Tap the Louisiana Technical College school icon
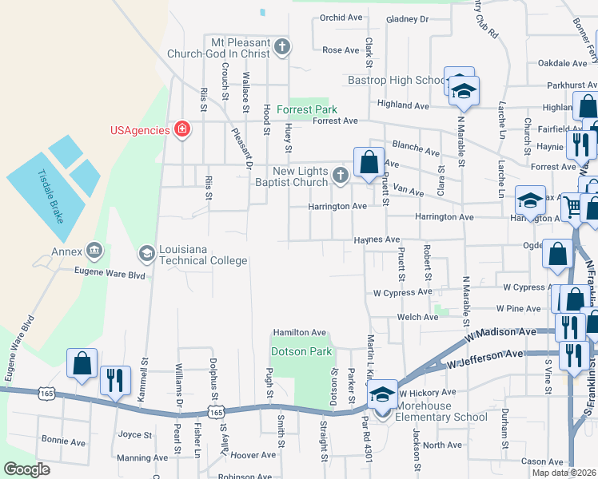coord(146,254)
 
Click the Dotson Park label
coord(301,351)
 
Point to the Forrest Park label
coord(307,109)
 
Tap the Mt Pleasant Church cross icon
coord(281,48)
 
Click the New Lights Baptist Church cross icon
coord(341,176)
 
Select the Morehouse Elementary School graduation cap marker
coord(383,394)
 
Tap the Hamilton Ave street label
coord(300,332)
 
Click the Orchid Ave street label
coord(341,18)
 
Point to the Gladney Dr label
coord(407,19)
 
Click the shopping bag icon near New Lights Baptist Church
coord(369,162)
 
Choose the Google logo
coord(27,469)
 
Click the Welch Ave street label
coord(418,317)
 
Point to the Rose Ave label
coord(341,50)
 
